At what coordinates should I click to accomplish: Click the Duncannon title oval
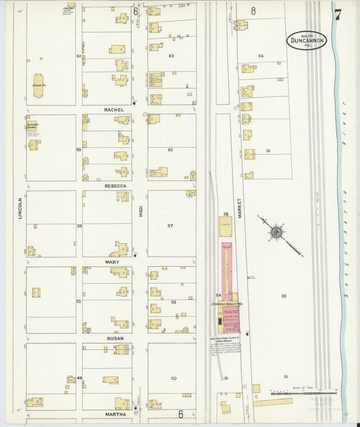click(x=306, y=40)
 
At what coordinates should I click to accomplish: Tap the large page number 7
click(x=337, y=11)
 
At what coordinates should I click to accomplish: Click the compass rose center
click(x=276, y=233)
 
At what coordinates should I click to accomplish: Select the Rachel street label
click(x=115, y=109)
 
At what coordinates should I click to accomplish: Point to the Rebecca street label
click(x=115, y=185)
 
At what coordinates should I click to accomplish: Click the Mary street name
click(x=112, y=261)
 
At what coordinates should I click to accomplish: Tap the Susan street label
click(x=113, y=338)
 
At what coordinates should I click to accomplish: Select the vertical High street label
click(x=140, y=211)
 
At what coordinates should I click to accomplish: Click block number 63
click(x=172, y=56)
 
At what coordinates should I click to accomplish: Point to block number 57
click(x=170, y=226)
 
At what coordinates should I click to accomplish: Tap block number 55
click(x=284, y=296)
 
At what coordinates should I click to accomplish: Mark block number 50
click(x=173, y=378)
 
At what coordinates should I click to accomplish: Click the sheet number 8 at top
click(x=253, y=10)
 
